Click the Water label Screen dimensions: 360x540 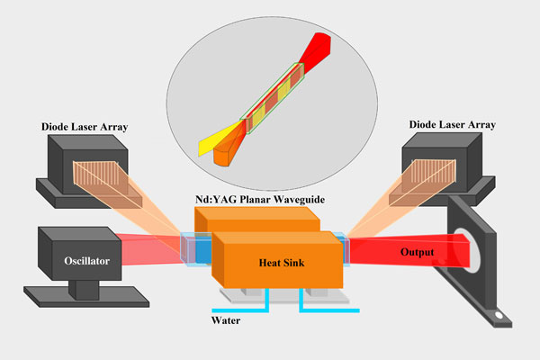coord(227,319)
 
